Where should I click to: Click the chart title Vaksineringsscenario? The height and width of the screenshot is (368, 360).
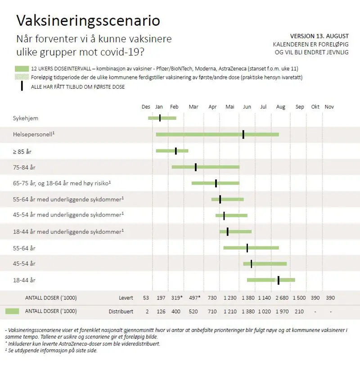click(x=88, y=21)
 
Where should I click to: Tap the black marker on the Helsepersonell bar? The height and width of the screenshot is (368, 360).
click(x=243, y=134)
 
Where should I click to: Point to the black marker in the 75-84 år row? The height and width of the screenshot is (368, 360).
click(x=196, y=167)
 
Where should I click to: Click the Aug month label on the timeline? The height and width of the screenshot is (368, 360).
click(x=281, y=107)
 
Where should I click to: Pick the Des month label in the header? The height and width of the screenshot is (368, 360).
click(x=146, y=107)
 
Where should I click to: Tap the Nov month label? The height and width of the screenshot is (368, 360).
click(x=329, y=107)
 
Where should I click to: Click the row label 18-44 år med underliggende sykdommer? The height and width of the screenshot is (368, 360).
click(x=68, y=231)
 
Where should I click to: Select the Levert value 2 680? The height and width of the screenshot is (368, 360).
click(x=282, y=298)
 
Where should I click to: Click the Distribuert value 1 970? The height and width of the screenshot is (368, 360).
click(x=282, y=311)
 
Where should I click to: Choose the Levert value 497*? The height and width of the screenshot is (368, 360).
click(x=194, y=298)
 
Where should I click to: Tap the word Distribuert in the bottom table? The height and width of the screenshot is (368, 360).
click(x=121, y=311)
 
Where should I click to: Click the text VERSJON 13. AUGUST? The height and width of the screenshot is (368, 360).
click(x=319, y=36)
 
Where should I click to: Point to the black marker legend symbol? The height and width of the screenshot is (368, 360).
click(x=22, y=86)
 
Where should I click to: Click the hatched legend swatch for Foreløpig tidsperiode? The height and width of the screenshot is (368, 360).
click(x=22, y=77)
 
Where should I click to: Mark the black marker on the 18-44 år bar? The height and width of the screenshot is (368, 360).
click(x=279, y=280)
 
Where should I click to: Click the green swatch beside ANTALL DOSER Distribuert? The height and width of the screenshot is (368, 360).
click(x=13, y=311)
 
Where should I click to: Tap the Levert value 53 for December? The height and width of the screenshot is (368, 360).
click(x=146, y=298)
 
